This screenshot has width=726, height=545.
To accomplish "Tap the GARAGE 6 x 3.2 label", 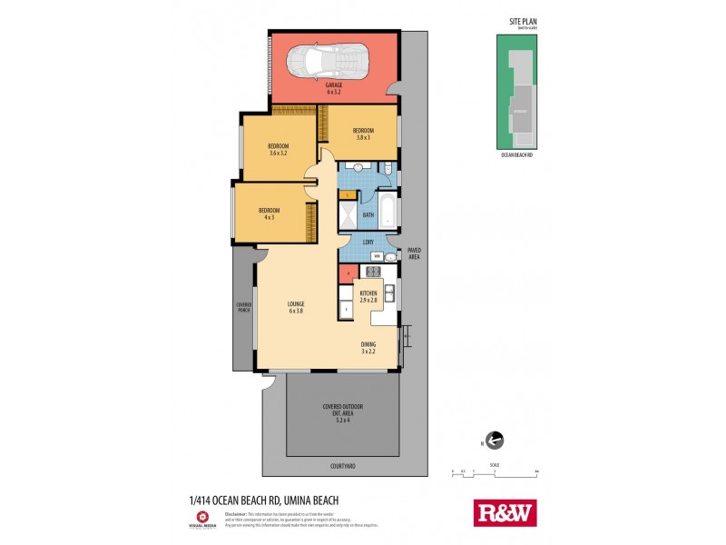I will [334, 88].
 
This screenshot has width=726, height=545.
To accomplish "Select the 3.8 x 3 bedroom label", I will [363, 133].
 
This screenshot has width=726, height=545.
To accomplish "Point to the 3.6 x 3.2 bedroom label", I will [278, 150].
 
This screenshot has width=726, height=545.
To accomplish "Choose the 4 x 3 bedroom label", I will [269, 214].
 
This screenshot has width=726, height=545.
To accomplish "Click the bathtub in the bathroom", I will [388, 209].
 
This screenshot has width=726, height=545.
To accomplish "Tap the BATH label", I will [368, 215].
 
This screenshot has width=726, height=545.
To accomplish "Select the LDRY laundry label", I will [368, 242].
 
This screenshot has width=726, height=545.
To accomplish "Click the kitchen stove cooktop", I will [370, 272].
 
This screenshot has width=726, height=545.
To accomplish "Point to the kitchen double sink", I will [388, 292].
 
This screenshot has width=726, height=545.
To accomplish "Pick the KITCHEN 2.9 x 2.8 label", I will [368, 295].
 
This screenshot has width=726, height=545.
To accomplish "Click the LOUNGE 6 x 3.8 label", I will [296, 306].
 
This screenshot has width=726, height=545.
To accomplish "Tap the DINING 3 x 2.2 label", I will [368, 347].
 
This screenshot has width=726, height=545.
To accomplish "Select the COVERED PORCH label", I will [244, 307].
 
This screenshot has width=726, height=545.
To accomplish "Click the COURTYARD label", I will [343, 466].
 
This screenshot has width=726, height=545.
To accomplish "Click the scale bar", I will [495, 474].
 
